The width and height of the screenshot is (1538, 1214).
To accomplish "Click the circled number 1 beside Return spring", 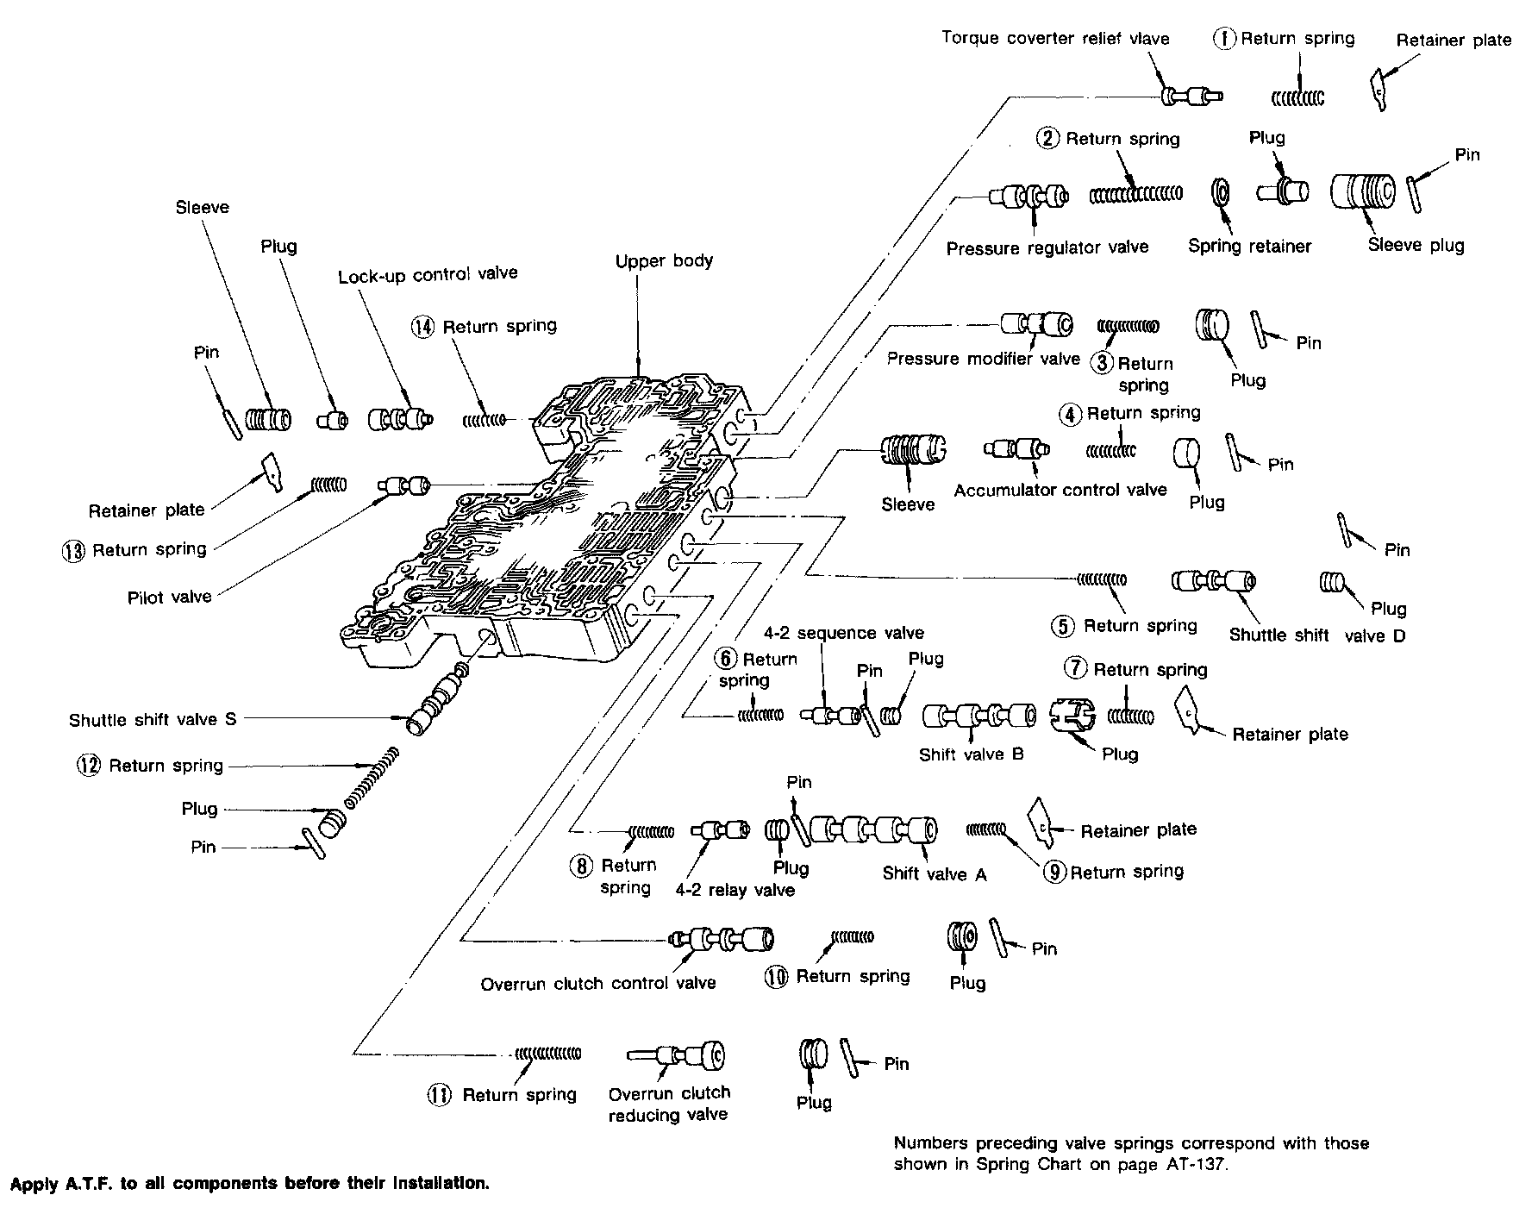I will click(1225, 39).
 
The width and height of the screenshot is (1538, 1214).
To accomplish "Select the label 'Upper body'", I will click(664, 260).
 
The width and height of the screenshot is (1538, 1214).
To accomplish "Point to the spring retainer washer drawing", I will click(1221, 193).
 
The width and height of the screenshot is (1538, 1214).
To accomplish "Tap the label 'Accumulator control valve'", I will click(1060, 490).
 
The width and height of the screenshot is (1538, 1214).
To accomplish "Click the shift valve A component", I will click(873, 830).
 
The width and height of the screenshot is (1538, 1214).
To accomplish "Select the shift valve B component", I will click(979, 717).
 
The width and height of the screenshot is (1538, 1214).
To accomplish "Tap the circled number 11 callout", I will click(438, 1095).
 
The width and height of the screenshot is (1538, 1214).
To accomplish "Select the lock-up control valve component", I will click(400, 419).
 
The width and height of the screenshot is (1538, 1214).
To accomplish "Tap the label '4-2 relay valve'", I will click(735, 890).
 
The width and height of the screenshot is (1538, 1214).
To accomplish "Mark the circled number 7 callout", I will click(1074, 668).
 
